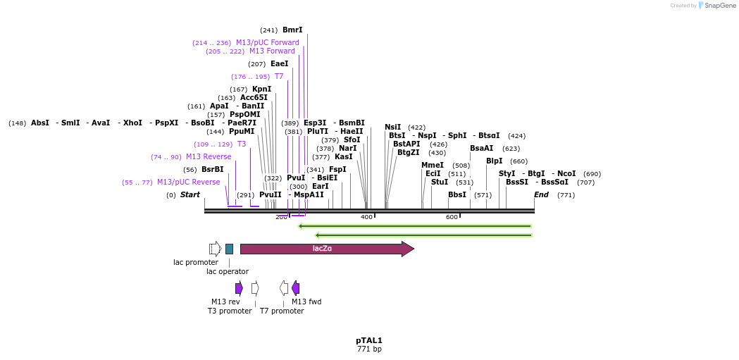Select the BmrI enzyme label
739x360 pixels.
292,30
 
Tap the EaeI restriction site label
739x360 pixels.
279,64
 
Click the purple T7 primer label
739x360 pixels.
279,77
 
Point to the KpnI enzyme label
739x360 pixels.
261,89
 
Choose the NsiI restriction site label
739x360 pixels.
392,128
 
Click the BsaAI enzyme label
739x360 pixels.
482,149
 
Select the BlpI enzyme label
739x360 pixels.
494,161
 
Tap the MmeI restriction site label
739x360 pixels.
433,166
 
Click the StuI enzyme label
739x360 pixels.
439,182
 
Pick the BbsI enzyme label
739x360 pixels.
457,194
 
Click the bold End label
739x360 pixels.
541,194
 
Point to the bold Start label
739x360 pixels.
190,194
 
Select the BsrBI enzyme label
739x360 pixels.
212,170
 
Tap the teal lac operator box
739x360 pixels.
229,249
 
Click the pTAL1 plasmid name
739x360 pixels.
369,340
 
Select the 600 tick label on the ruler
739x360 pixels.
452,217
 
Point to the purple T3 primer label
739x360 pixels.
242,144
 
